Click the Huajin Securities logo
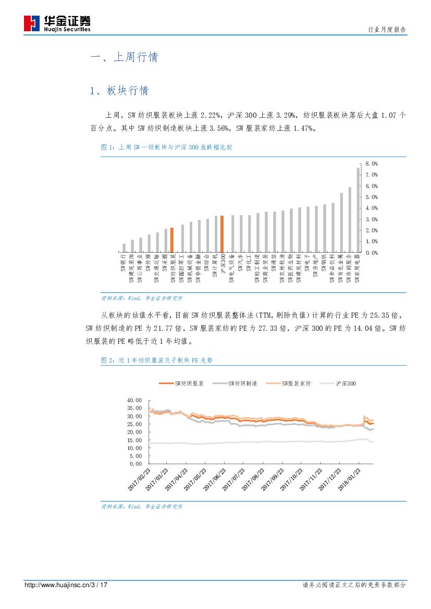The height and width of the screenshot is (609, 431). pos(57,23)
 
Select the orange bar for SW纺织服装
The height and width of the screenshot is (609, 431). pos(171,240)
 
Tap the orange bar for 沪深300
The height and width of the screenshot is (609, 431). pos(221,234)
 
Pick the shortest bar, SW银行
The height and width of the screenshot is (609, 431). pos(124,248)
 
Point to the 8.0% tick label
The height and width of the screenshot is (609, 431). pos(371,164)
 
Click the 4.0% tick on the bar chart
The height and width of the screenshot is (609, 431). pos(371,208)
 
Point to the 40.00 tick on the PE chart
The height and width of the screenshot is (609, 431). pos(134,400)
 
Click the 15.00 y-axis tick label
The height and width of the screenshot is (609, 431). pos(134,440)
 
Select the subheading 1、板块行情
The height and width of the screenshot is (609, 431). pos(119,91)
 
